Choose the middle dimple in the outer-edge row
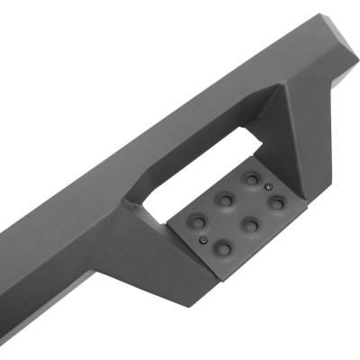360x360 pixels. [x=251, y=224]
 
